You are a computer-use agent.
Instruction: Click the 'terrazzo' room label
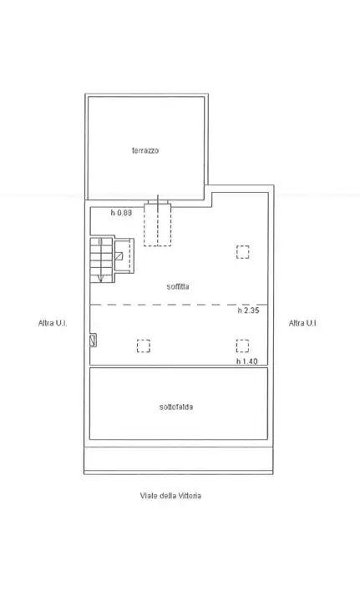point(145,150)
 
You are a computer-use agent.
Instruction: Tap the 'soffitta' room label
point(177,285)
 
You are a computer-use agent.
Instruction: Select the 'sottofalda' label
point(176,407)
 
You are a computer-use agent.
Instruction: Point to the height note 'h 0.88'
point(122,213)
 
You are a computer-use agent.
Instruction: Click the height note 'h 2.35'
point(248,311)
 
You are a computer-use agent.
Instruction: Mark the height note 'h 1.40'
point(247,361)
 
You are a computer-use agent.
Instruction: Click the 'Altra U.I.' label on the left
point(52,323)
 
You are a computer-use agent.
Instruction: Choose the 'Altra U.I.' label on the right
point(302,323)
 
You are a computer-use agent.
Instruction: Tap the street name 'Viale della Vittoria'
point(170,495)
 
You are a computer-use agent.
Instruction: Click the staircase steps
point(100,255)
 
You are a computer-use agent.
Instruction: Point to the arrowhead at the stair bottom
point(101,276)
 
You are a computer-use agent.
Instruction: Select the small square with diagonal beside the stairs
point(122,256)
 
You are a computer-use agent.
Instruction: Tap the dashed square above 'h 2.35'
point(242,251)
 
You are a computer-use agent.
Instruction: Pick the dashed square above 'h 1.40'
point(242,344)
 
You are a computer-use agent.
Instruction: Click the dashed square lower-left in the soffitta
point(143,344)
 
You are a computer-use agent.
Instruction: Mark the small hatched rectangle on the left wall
point(93,340)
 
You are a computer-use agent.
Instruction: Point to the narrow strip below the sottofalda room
point(178,458)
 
